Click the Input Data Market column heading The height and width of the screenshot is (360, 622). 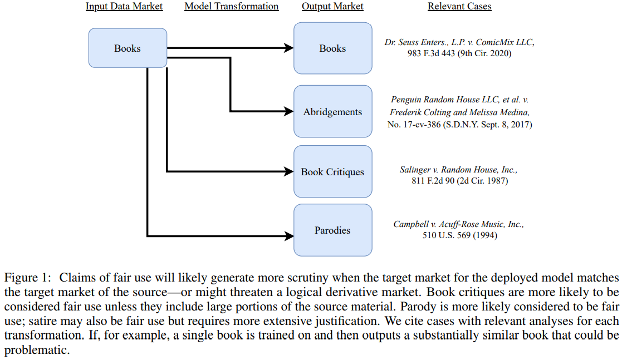124,7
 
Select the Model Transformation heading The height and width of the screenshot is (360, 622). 231,7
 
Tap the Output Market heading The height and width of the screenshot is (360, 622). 332,7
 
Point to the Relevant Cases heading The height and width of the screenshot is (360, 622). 459,7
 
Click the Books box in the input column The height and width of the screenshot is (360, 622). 128,48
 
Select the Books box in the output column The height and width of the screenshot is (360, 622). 332,48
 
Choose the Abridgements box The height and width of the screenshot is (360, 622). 332,112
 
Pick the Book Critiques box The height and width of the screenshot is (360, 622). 332,172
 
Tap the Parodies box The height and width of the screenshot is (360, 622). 332,230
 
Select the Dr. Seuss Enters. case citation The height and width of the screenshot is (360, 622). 459,48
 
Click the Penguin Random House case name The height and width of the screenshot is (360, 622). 459,100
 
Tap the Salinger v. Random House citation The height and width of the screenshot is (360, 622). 459,175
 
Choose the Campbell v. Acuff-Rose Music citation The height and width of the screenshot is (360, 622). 459,230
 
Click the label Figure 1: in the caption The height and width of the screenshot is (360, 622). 27,278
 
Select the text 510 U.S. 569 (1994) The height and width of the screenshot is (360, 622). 459,235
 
